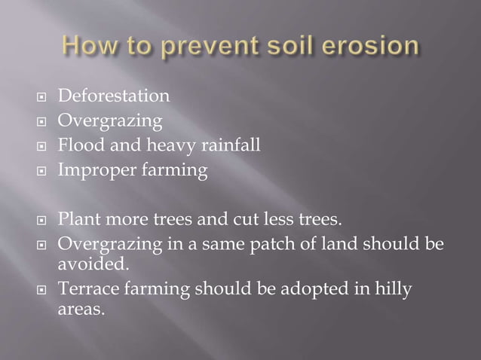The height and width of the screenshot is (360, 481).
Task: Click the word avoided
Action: pos(93,264)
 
